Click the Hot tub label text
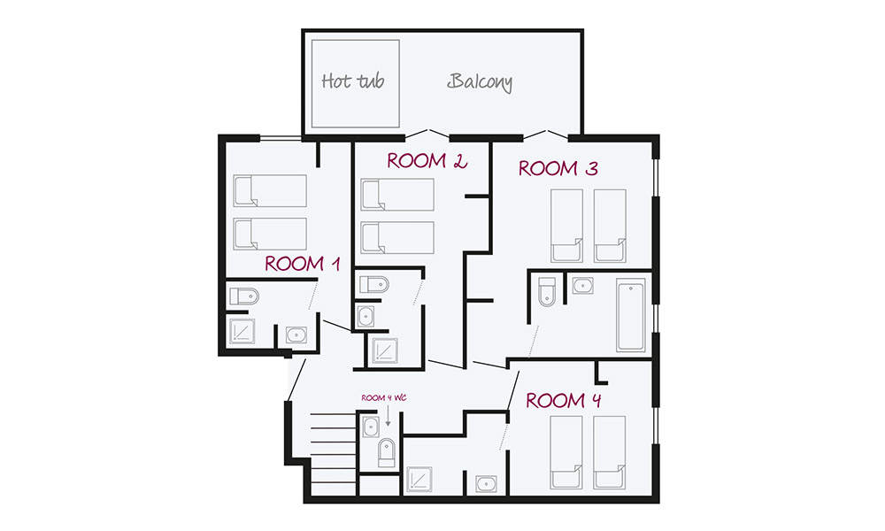(x=353, y=82)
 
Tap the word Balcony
(x=480, y=82)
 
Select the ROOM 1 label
(x=303, y=264)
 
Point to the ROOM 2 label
(x=427, y=161)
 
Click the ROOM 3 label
(x=558, y=168)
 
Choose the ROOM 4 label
(x=565, y=401)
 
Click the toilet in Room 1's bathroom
(x=242, y=296)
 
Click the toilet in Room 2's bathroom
(x=373, y=284)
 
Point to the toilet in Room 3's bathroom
(x=546, y=291)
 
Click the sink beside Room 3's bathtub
(x=582, y=286)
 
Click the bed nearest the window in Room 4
(x=610, y=452)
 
